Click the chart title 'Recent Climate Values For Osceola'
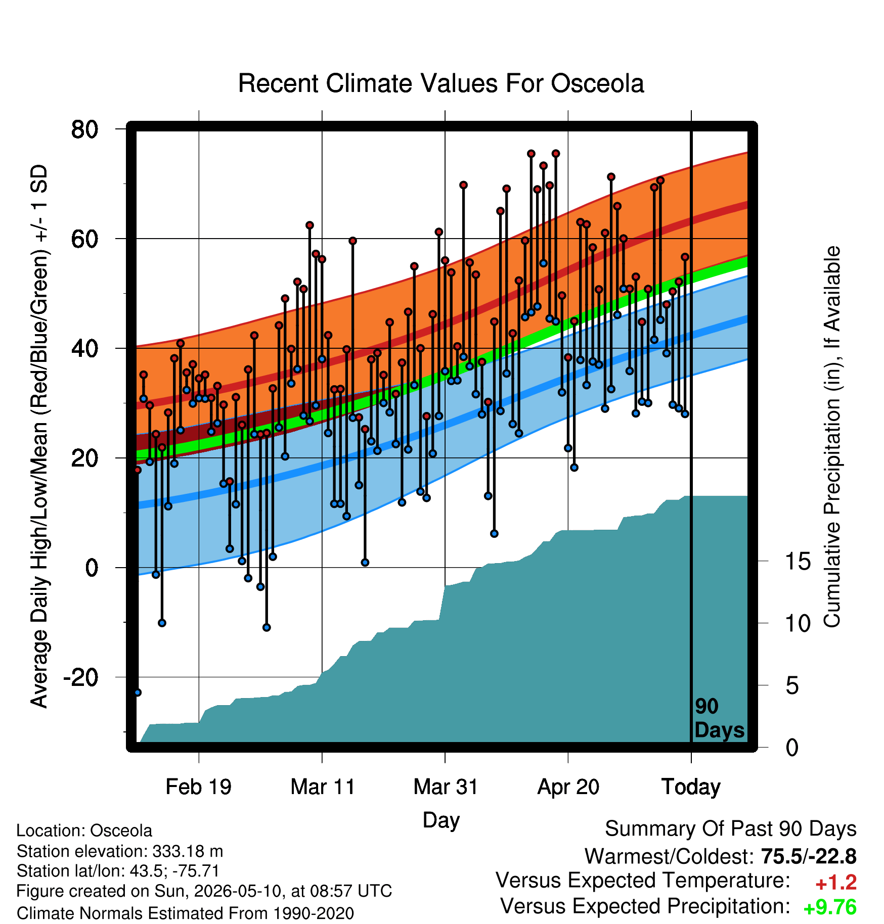coord(441,83)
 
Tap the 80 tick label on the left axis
coord(84,129)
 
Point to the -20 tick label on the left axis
coord(80,677)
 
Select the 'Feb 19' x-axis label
coord(199,787)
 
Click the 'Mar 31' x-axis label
coord(446,787)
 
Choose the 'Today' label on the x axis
coord(691,787)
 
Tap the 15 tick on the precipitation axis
coord(798,561)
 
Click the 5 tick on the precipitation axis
coord(792,686)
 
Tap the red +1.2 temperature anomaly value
coord(836,883)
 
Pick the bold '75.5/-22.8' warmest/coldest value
coord(809,856)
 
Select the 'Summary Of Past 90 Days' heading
coord(731,829)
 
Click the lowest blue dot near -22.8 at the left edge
coord(138,692)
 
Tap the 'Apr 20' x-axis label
coord(568,787)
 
